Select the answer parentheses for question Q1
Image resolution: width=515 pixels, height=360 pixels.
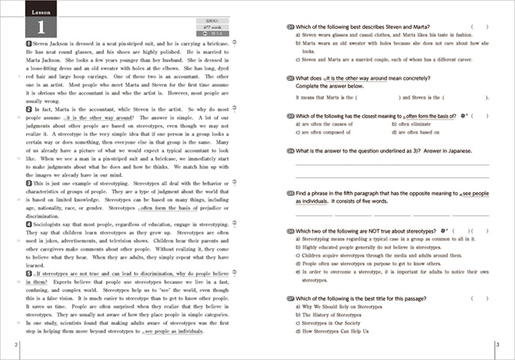(x=478, y=26)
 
